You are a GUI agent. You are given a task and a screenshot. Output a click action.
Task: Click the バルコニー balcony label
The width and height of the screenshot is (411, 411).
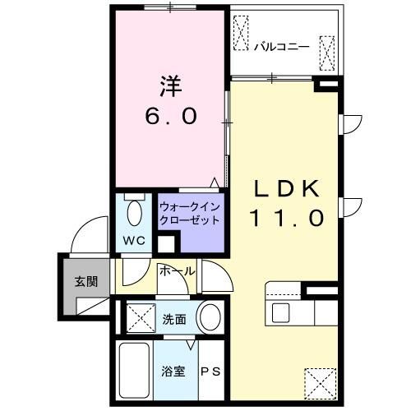pyautogui.click(x=281, y=46)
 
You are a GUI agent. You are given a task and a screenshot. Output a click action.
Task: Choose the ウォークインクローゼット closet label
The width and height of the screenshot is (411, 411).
pyautogui.click(x=190, y=213)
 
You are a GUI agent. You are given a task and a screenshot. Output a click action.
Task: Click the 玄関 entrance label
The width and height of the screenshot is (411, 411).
pyautogui.click(x=85, y=280)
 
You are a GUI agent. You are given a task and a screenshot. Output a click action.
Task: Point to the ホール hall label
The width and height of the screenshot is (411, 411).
pyautogui.click(x=177, y=270)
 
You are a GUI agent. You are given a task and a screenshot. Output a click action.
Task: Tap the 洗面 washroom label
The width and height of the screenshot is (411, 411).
pyautogui.click(x=173, y=319)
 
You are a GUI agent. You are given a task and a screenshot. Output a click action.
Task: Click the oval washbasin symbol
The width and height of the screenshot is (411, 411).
pyautogui.click(x=210, y=316)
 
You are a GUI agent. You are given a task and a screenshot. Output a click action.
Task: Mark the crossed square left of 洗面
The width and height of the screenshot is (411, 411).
pyautogui.click(x=137, y=317)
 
